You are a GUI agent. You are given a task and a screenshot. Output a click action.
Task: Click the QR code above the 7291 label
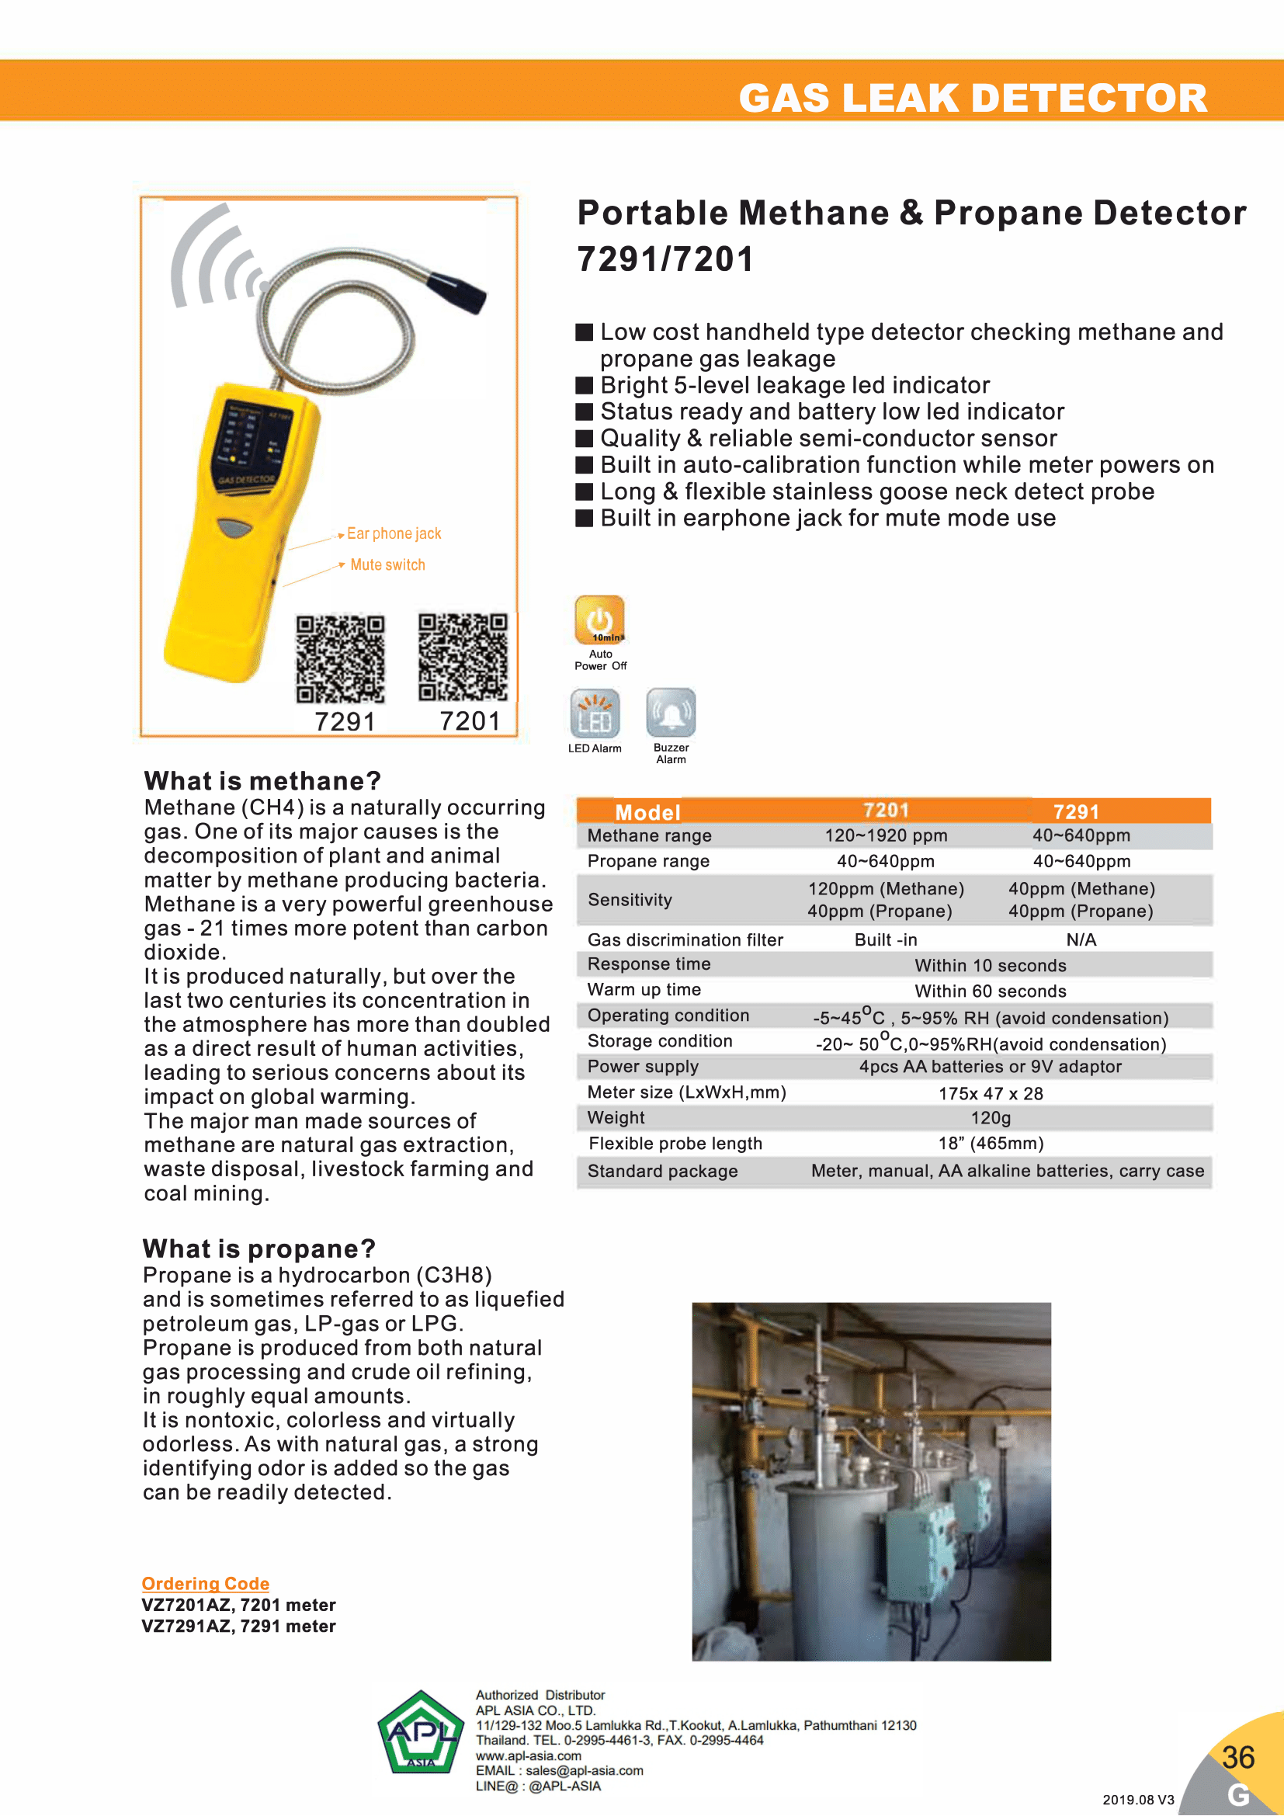[340, 659]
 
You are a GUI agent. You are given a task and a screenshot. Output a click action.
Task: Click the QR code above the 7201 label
[463, 657]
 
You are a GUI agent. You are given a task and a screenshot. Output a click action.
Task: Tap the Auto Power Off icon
[599, 620]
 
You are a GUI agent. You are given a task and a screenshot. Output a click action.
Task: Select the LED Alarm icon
[595, 714]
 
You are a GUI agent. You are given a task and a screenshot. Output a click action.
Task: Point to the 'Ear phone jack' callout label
[394, 534]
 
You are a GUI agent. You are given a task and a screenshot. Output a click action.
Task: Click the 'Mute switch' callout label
[387, 564]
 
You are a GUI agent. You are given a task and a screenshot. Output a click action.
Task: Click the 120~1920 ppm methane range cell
[886, 836]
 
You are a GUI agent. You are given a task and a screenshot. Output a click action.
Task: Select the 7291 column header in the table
[1076, 811]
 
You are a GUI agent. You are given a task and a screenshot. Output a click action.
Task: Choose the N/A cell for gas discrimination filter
[1081, 939]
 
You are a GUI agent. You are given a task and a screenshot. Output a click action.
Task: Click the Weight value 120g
[991, 1117]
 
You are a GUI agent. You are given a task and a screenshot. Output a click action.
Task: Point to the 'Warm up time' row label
[644, 990]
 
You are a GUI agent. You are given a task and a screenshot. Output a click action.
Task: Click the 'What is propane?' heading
[259, 1249]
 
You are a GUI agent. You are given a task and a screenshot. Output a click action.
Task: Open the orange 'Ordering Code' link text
[206, 1583]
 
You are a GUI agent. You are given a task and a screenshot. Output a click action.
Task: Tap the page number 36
[1237, 1758]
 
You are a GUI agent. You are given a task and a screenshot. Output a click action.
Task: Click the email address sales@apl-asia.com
[585, 1771]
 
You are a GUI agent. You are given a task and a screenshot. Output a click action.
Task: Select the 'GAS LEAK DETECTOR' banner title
[973, 98]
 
